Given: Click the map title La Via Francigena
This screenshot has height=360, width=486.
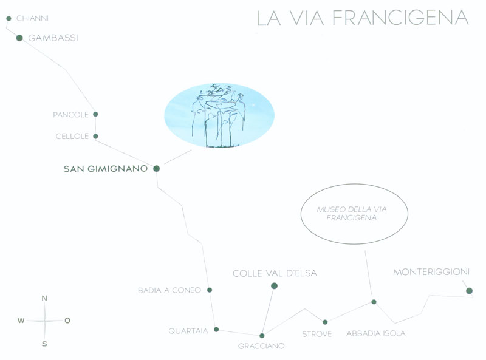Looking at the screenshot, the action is tap(363, 18).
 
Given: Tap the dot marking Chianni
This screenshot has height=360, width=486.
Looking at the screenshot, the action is tap(9, 19).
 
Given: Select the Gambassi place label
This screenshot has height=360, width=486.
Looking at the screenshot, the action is tap(53, 38).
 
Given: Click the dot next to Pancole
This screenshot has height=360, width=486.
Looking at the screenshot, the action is tap(95, 114).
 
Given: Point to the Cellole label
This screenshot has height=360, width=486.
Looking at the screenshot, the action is tap(72, 137).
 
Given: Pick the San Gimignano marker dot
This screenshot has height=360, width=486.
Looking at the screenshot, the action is tap(157, 169).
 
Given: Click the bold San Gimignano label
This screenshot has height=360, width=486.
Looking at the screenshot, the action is tap(106, 169).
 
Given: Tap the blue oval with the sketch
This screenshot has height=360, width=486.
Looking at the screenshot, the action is tap(219, 115).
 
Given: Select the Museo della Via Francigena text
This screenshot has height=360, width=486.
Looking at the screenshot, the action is tap(352, 214).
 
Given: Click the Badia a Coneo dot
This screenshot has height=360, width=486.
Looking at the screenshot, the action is tap(210, 290).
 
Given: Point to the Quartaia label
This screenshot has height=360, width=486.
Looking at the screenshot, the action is tap(188, 331).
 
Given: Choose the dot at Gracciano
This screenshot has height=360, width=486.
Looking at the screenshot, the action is tap(262, 336).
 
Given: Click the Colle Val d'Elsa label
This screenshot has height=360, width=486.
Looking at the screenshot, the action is tap(275, 273).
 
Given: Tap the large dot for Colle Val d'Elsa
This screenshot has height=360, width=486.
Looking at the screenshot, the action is tap(274, 286).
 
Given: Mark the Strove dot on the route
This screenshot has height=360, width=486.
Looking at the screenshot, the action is tap(325, 322).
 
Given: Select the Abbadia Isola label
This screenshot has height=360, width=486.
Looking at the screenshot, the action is tap(376, 334).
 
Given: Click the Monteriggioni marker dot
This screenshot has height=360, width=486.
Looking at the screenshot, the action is tap(469, 291).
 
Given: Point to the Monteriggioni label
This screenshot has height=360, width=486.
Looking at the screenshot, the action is tap(431, 272).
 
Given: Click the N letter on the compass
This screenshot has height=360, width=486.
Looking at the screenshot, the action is tap(44, 298).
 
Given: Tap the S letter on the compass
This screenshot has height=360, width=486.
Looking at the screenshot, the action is tap(44, 344).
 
